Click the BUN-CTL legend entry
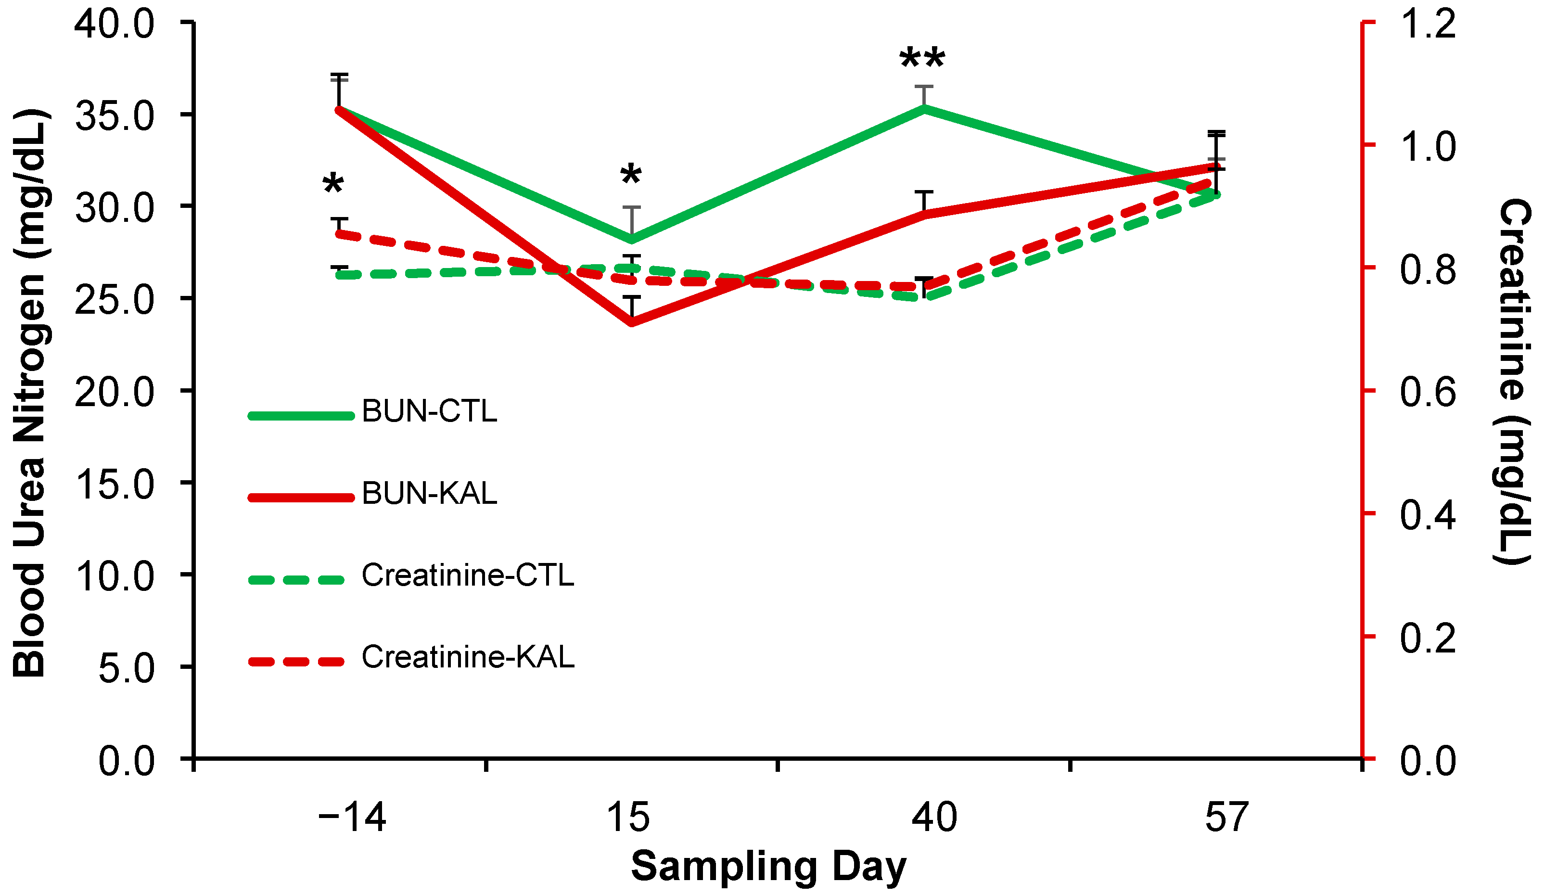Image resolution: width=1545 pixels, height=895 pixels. coord(429,411)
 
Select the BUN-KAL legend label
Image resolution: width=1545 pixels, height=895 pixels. coord(429,494)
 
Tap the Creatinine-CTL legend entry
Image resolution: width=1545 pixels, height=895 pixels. coord(467,575)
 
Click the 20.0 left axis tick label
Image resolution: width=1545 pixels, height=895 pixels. coord(115,392)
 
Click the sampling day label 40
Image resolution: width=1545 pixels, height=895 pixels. coord(934,817)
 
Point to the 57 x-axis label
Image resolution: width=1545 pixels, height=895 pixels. coord(1226,817)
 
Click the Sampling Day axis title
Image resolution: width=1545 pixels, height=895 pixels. coord(768,867)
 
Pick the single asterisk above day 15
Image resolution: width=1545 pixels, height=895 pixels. coord(631,175)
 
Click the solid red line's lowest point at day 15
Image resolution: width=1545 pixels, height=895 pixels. coord(631,322)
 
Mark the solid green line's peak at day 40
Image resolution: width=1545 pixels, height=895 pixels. coord(924,108)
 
